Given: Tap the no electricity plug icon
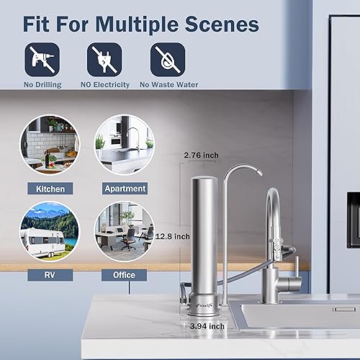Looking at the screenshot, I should point(104,59).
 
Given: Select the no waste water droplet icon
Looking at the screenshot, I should point(167,59).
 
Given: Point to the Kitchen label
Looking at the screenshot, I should point(50,189).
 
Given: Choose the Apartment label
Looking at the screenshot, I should point(125,189).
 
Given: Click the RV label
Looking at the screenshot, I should point(50,274).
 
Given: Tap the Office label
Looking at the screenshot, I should point(124,274).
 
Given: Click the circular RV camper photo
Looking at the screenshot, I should point(50,231).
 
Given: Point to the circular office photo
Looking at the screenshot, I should point(124,231).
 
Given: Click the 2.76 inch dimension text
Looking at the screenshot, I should point(201,155).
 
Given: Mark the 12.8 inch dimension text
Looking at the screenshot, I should point(173,235).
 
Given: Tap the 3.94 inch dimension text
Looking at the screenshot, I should point(206,326).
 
